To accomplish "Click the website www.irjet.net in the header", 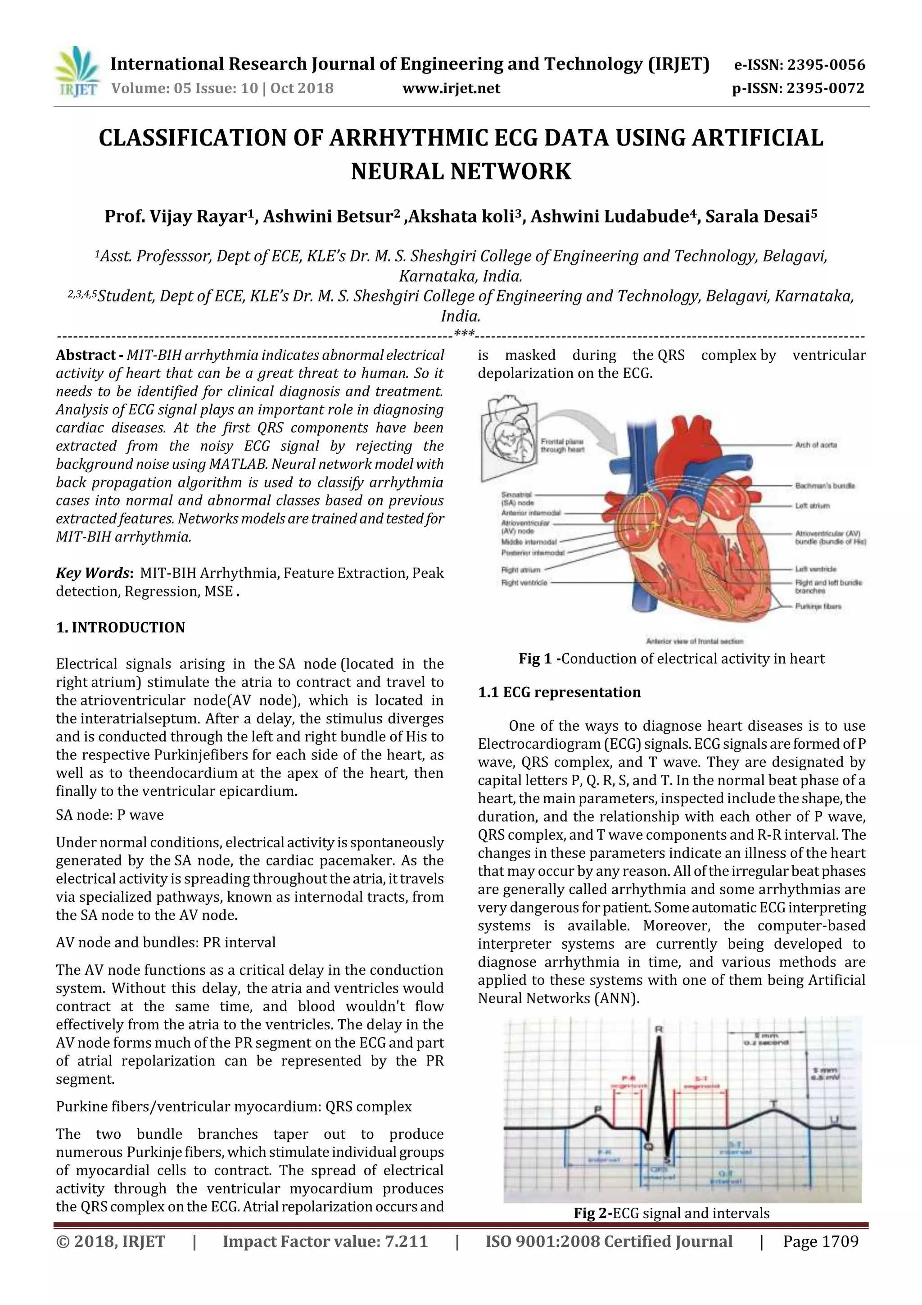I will point(451,89).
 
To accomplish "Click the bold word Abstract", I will point(85,355).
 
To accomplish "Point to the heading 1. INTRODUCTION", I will point(121,627).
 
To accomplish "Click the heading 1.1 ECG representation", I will point(559,692).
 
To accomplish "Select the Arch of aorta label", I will point(816,445).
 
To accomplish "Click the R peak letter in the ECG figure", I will point(659,1030).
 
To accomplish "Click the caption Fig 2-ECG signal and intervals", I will point(672,1214).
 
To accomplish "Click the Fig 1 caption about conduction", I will point(672,659).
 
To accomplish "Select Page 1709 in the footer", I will point(820,1241).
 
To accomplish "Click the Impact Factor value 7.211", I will point(325,1241).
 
